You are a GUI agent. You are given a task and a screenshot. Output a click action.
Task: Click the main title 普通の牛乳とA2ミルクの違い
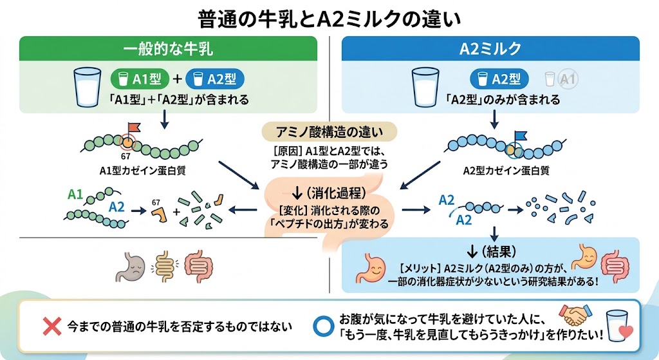tap(329, 19)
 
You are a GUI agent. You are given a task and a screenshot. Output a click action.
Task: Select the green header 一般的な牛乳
tap(168, 48)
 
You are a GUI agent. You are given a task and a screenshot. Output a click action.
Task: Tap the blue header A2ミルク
tap(490, 48)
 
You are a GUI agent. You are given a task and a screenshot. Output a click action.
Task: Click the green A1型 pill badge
tap(140, 79)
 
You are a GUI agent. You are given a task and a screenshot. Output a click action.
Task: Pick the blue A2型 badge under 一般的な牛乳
tap(215, 79)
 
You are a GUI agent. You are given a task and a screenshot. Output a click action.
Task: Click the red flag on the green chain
tap(134, 127)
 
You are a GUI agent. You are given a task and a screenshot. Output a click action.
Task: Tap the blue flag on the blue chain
tap(520, 136)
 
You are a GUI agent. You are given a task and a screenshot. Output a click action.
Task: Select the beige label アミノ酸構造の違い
tap(329, 132)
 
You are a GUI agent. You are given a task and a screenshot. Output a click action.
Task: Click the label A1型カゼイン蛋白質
tap(142, 170)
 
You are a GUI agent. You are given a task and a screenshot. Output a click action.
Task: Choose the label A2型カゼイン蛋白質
tap(506, 170)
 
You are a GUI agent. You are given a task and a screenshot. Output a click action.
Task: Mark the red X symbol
tap(52, 327)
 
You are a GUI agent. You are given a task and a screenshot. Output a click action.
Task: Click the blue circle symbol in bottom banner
tap(324, 327)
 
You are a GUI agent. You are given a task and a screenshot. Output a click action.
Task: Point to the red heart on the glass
tap(626, 332)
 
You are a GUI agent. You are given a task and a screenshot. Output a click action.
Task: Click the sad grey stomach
tap(131, 266)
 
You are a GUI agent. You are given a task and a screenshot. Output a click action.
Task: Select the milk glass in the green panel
tap(88, 88)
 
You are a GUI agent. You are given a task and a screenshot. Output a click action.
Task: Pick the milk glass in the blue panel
tap(425, 88)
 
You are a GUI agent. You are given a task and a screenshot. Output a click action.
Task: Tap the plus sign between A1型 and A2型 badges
tap(178, 79)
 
